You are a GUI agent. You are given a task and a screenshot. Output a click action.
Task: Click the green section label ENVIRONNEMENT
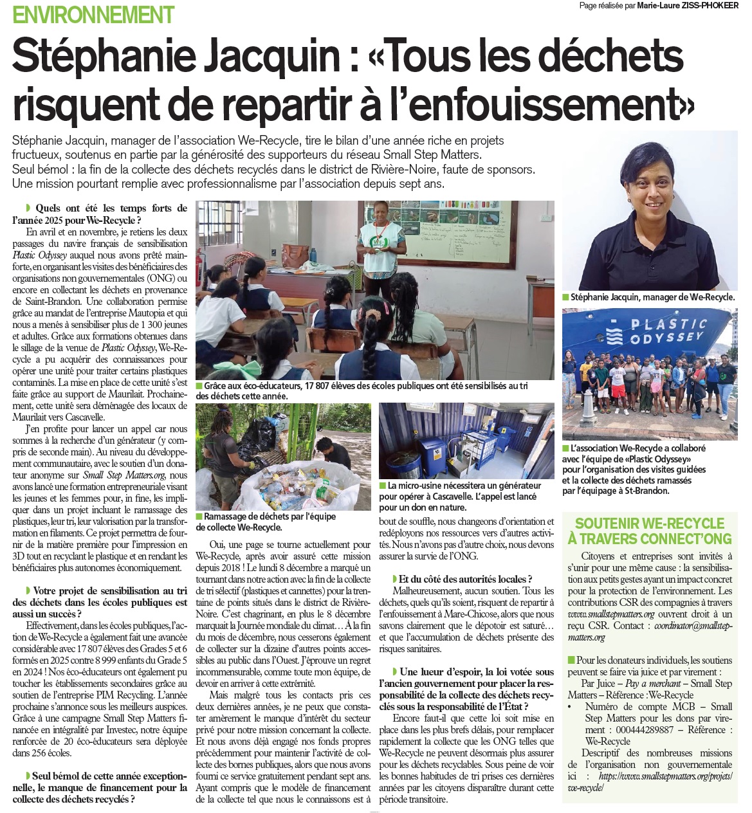click(x=93, y=14)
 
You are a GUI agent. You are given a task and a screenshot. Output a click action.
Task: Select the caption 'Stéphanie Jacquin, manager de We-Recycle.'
click(x=652, y=297)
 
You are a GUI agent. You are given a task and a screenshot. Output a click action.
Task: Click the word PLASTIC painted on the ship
click(x=669, y=325)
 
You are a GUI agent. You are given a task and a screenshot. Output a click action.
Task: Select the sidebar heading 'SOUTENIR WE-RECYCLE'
click(x=650, y=524)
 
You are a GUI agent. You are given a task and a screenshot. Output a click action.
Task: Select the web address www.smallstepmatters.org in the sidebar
click(x=611, y=614)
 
